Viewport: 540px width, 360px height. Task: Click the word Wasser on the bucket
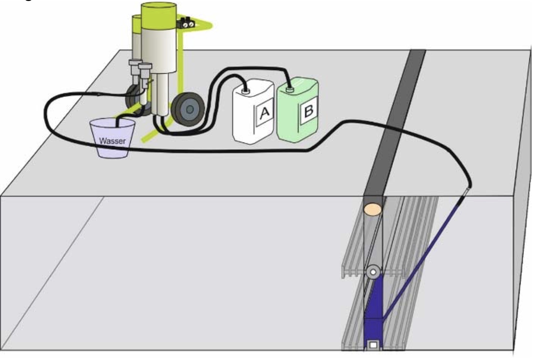pos(112,141)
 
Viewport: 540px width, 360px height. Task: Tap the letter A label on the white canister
pos(264,113)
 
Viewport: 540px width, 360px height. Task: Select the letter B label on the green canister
pos(308,111)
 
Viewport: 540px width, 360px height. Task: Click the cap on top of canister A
pos(246,91)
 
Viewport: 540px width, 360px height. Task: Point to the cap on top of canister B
pos(289,90)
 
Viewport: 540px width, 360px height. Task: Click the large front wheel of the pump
pos(188,109)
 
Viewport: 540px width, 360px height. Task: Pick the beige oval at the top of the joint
pos(373,209)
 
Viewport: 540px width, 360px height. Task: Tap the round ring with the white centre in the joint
pos(373,272)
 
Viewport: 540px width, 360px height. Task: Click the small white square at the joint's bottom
pos(373,345)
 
